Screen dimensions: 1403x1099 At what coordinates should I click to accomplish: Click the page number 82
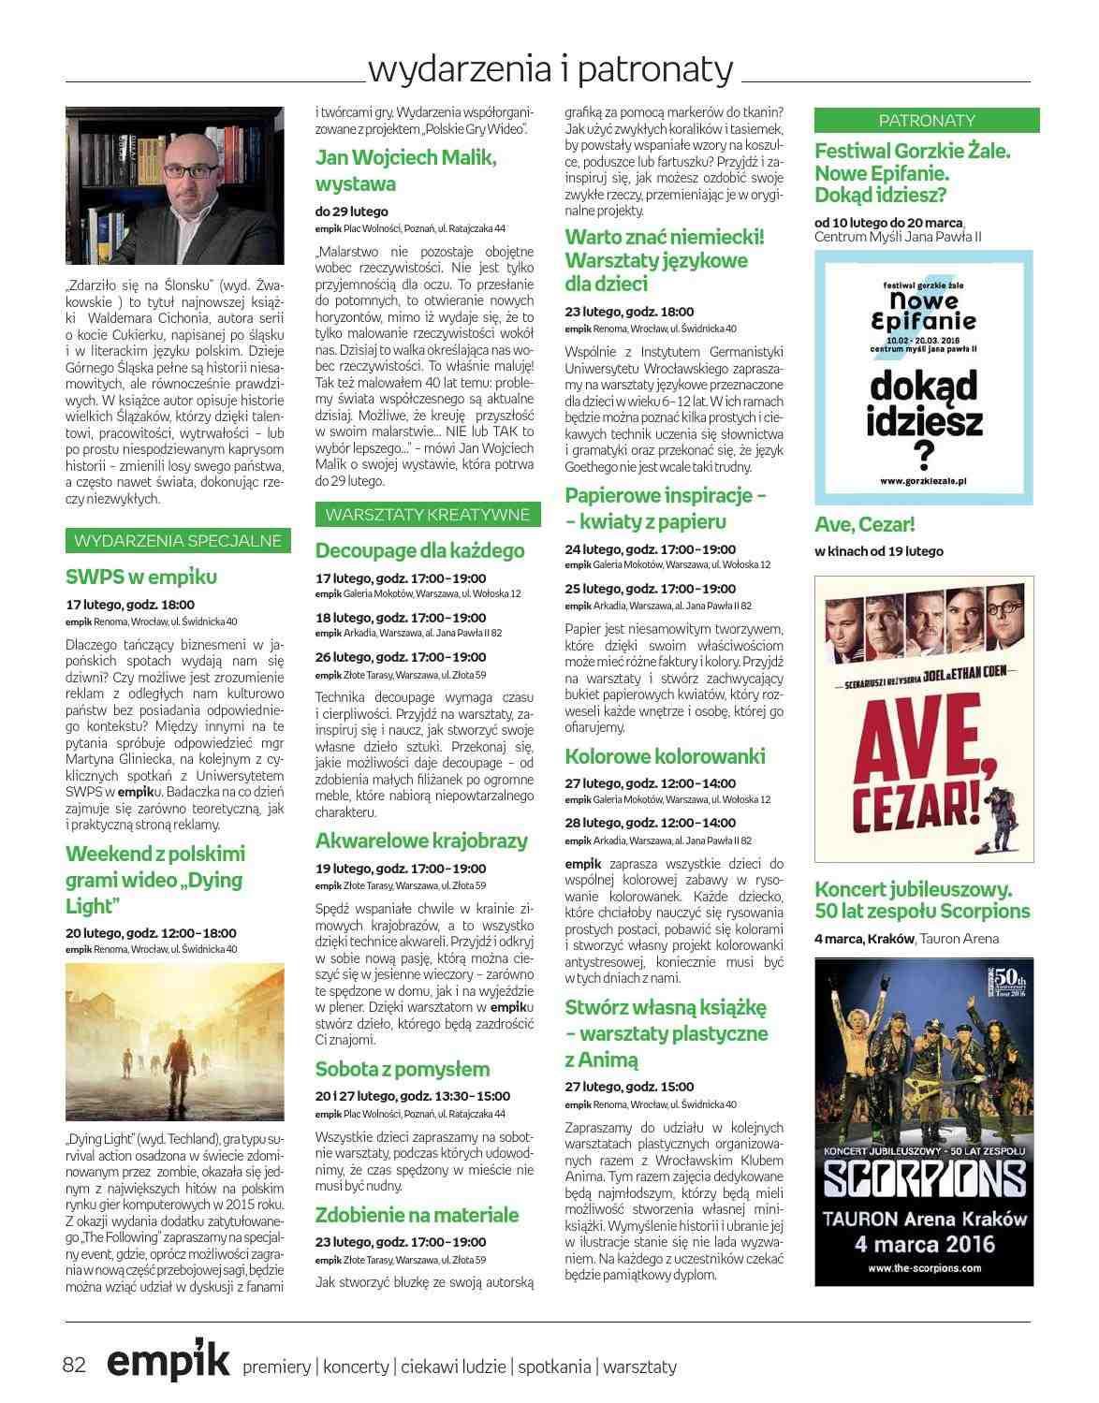click(75, 1365)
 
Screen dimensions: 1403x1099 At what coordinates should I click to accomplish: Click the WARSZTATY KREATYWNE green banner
click(428, 514)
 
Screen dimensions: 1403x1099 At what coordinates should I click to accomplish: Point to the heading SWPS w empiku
click(141, 577)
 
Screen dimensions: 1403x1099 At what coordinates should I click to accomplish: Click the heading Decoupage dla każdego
click(419, 550)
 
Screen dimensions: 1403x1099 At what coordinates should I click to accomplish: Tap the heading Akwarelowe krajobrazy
click(421, 840)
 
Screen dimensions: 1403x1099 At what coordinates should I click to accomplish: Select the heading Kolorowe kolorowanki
click(665, 755)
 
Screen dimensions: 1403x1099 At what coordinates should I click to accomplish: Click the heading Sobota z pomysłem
click(403, 1069)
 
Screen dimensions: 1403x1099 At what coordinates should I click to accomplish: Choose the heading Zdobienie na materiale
click(417, 1215)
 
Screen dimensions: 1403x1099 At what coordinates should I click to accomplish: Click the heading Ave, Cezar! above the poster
click(865, 524)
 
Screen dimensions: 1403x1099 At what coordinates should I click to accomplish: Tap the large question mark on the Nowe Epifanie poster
click(925, 455)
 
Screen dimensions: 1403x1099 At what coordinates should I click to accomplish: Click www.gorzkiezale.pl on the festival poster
click(923, 480)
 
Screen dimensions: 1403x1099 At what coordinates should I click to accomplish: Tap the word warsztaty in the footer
click(639, 1366)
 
